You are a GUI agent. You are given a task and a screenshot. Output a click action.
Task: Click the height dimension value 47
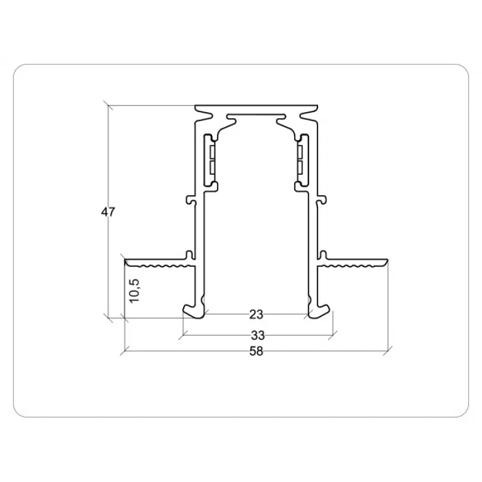click(x=108, y=212)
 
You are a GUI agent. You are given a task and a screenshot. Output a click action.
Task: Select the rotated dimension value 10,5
click(x=134, y=290)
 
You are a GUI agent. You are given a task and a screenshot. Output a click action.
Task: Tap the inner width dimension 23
click(x=256, y=315)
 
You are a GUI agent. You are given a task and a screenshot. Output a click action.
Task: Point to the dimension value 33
click(x=258, y=336)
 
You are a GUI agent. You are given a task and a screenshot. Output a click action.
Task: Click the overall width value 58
click(x=257, y=351)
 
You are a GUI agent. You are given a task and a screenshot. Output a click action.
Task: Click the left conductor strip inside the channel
click(x=211, y=161)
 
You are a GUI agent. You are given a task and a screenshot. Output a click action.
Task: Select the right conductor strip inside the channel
click(x=302, y=161)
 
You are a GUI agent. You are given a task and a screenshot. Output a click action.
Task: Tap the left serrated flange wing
click(x=160, y=263)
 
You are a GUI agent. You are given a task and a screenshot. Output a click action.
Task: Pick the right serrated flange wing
click(x=352, y=263)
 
